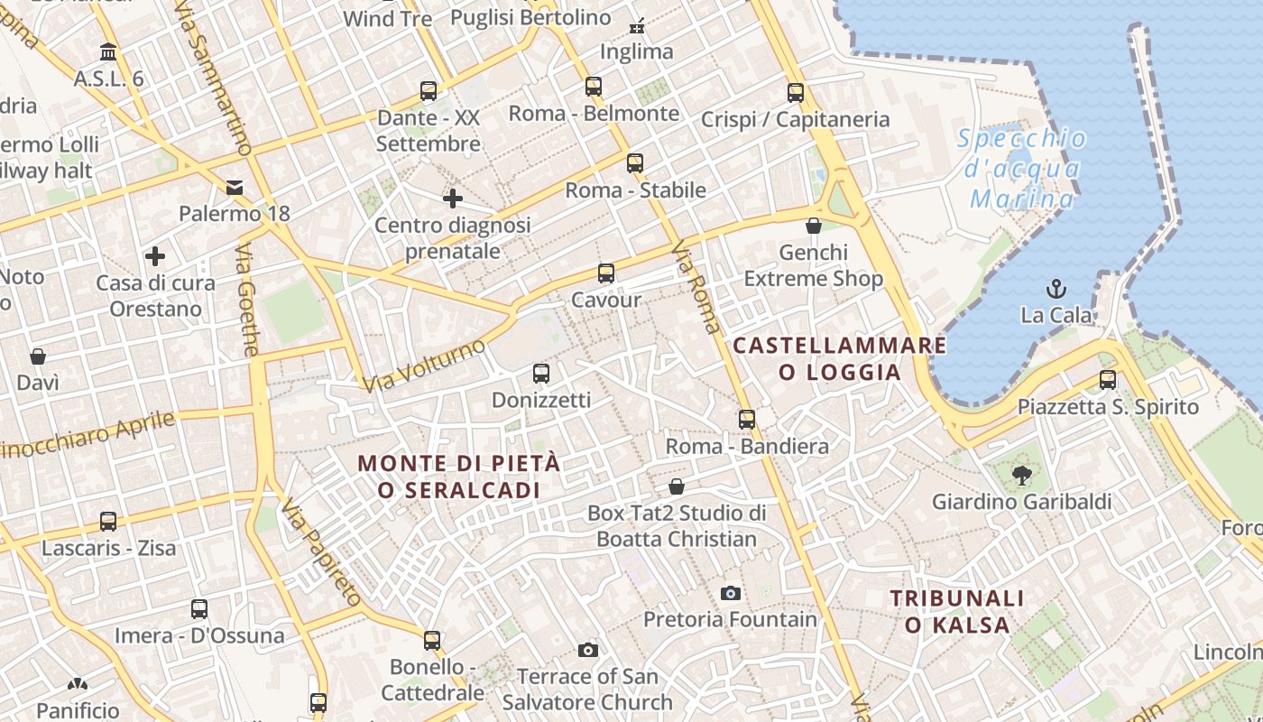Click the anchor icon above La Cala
click(x=1056, y=289)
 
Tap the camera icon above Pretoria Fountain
click(x=731, y=593)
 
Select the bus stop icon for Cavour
click(x=606, y=273)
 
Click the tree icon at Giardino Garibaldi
click(x=1021, y=475)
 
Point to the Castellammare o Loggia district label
click(x=840, y=358)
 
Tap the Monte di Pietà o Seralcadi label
click(x=459, y=476)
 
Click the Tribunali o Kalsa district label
click(x=957, y=611)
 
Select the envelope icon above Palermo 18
click(x=235, y=188)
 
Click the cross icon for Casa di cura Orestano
click(x=155, y=256)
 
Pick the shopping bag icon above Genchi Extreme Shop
click(x=814, y=226)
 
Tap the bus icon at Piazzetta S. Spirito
click(x=1108, y=380)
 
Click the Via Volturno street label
click(x=425, y=366)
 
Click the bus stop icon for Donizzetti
click(x=541, y=373)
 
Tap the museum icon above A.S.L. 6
click(x=109, y=51)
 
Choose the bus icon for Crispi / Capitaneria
click(x=796, y=92)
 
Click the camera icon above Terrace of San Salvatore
click(x=588, y=650)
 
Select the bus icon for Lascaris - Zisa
click(x=108, y=521)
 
